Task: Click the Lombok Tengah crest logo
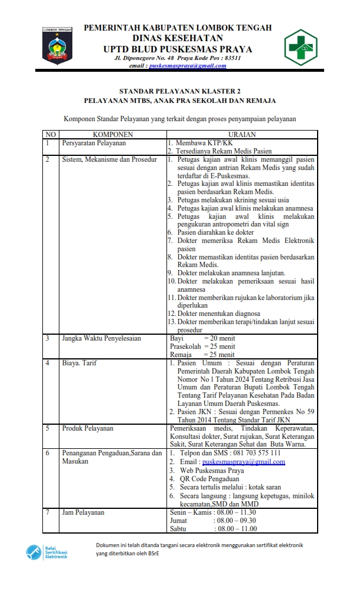[57, 45]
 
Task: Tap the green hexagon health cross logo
[301, 47]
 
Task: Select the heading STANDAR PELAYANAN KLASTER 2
[180, 92]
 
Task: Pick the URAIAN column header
[242, 135]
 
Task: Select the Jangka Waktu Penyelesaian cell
[101, 339]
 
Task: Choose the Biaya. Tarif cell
[79, 363]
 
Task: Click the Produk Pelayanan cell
[88, 428]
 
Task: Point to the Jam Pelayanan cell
[83, 512]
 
